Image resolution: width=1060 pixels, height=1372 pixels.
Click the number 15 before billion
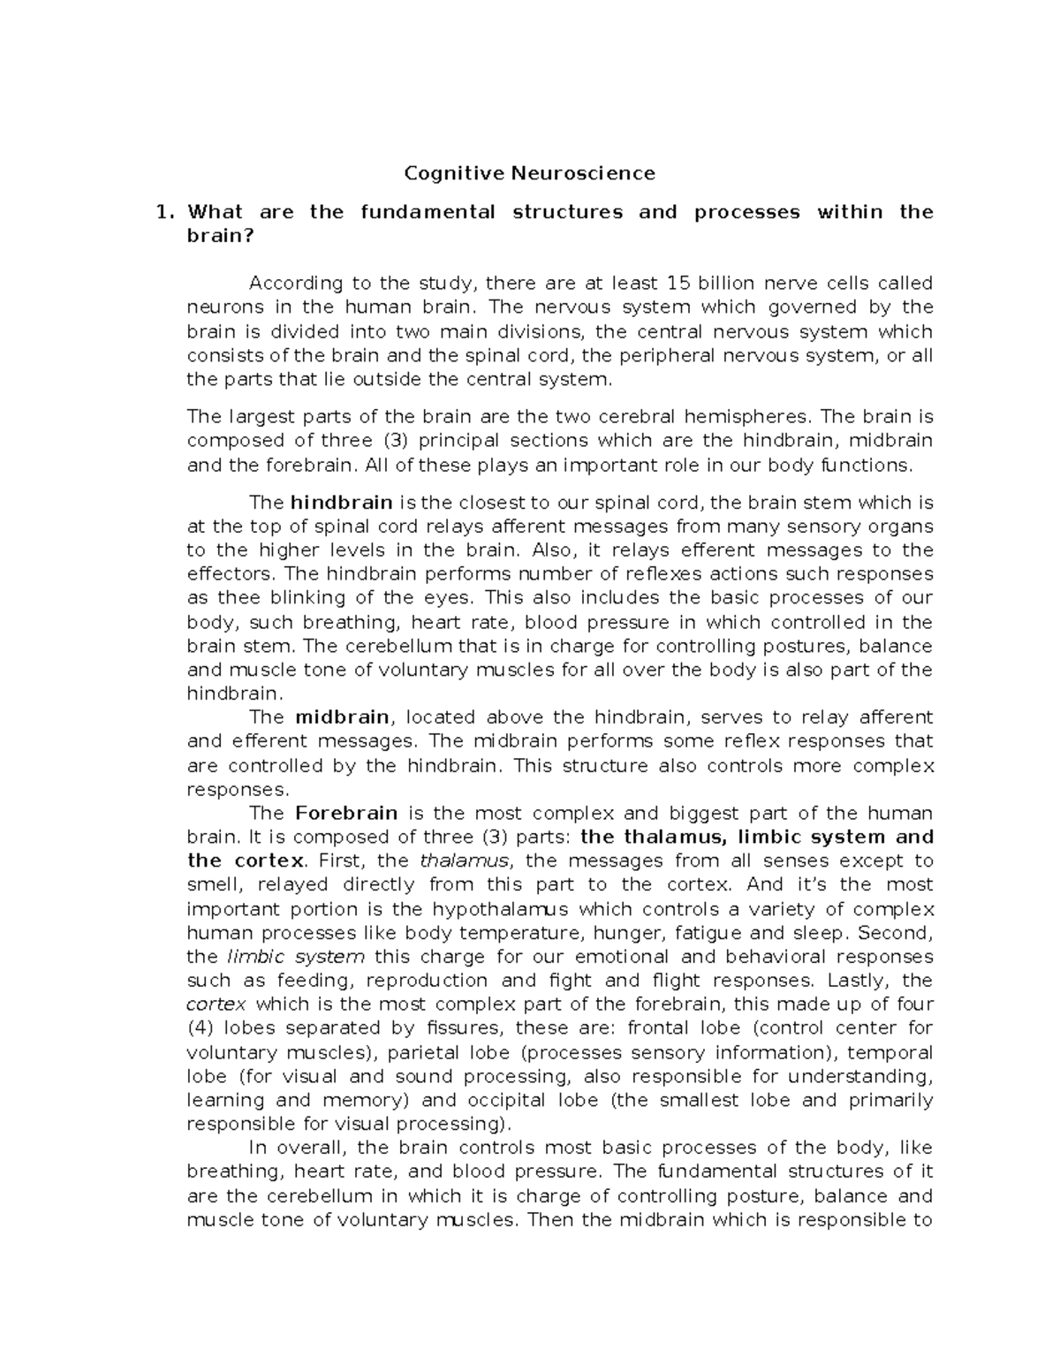(678, 284)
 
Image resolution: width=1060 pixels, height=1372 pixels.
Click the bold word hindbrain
(341, 503)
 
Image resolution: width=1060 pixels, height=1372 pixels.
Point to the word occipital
(508, 1101)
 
